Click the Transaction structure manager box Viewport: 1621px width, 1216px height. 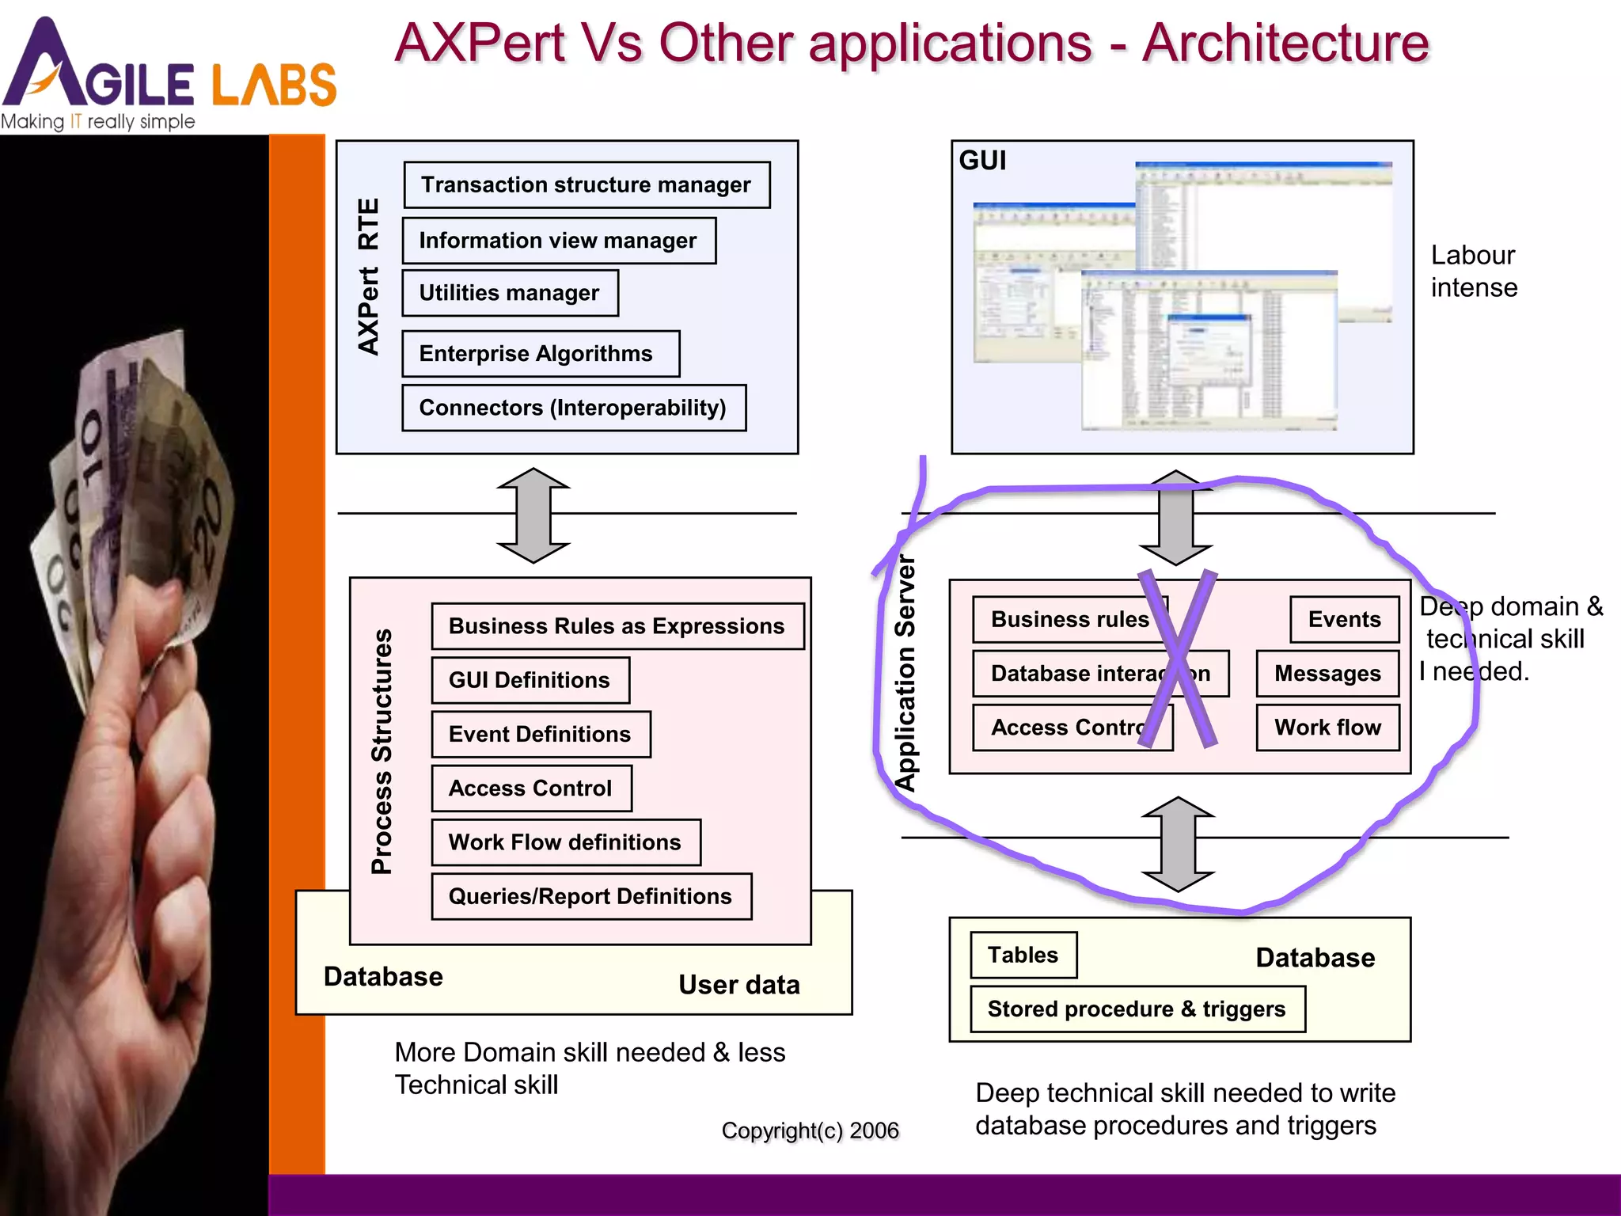(x=587, y=185)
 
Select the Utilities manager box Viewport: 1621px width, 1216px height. (x=510, y=293)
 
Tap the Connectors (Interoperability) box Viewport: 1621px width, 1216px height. (x=573, y=408)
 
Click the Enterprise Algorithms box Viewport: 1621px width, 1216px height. (x=540, y=353)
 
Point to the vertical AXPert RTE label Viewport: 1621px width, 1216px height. (x=369, y=276)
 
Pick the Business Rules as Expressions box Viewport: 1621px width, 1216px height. (x=617, y=626)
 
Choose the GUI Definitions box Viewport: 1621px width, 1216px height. (x=530, y=680)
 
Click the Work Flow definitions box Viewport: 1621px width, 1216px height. (x=566, y=842)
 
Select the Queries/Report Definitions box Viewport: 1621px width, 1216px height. (x=591, y=896)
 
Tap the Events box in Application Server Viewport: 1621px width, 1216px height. (x=1344, y=619)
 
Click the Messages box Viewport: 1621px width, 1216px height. (x=1327, y=674)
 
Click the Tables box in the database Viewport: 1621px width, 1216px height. (x=1023, y=956)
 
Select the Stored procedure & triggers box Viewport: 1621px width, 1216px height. (x=1137, y=1009)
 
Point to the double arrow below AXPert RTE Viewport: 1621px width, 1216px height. (x=533, y=515)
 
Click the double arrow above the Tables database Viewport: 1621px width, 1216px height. (x=1178, y=844)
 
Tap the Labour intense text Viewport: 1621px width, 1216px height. (x=1473, y=272)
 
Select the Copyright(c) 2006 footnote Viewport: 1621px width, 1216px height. (x=810, y=1130)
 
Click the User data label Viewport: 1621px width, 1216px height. (x=739, y=985)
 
